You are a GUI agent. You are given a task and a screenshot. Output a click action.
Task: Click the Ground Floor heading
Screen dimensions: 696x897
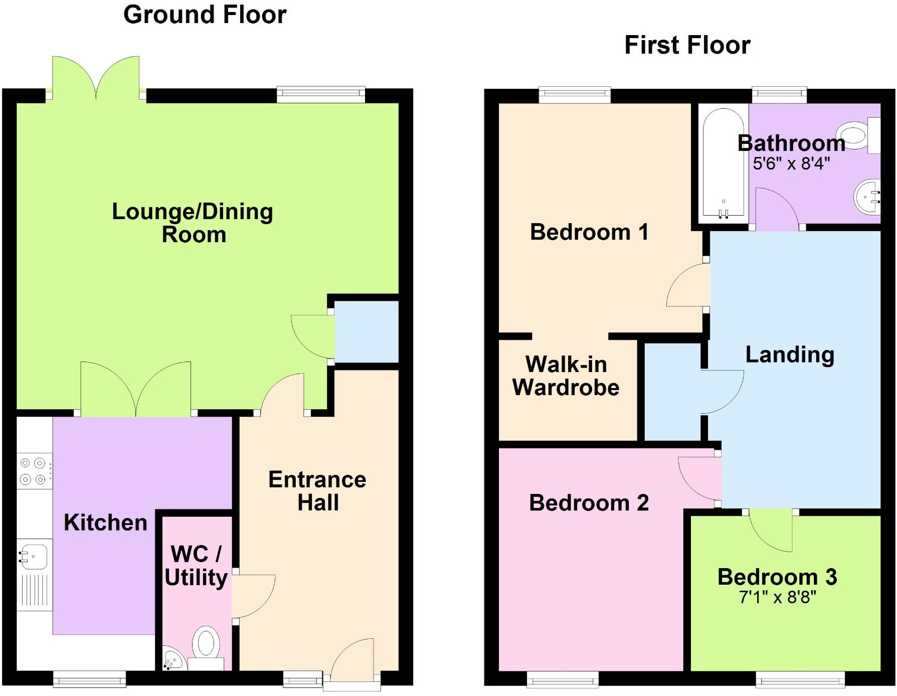[x=205, y=15]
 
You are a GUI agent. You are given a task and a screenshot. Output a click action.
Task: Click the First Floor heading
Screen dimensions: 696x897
[x=687, y=45]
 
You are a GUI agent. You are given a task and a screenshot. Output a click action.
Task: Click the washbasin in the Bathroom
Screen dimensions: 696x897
[x=867, y=196]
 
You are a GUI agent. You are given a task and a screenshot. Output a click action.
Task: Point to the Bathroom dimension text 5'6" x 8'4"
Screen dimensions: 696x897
[x=791, y=163]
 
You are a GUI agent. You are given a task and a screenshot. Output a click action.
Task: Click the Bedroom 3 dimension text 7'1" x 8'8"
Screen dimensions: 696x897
[x=777, y=597]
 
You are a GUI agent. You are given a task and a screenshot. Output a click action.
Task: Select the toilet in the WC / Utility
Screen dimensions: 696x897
[x=206, y=644]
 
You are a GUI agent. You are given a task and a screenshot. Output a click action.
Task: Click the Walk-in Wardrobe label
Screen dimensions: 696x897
[x=566, y=376]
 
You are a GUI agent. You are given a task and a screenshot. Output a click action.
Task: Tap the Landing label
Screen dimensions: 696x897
[x=790, y=355]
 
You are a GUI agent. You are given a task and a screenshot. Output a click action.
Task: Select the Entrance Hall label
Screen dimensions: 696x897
[x=317, y=491]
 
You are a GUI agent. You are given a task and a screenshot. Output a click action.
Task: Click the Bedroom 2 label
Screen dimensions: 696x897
[x=589, y=502]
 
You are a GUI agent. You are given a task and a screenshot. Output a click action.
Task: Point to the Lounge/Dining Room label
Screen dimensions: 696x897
[x=193, y=223]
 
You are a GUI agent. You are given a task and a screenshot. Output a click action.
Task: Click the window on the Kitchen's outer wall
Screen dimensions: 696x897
[x=89, y=680]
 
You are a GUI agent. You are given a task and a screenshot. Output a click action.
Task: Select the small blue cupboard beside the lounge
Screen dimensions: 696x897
[x=366, y=331]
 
